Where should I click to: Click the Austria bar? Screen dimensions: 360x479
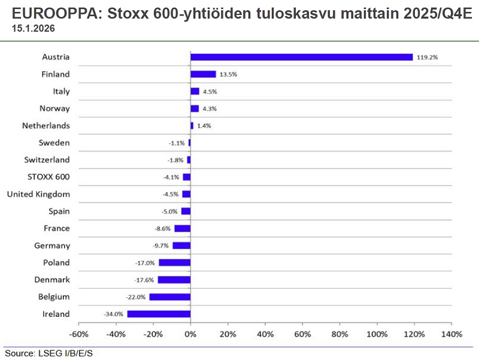coord(301,57)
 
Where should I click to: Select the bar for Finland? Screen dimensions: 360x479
coord(203,74)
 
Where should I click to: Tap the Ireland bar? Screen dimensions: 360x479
coord(159,314)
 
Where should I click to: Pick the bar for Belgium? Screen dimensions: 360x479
coord(170,297)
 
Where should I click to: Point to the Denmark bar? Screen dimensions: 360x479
coord(174,280)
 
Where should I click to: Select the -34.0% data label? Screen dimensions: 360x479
coord(113,314)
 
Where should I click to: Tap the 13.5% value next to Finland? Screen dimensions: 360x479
coord(229,75)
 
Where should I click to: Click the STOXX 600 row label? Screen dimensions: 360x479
coord(48,177)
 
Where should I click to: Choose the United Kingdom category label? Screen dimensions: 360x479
coord(38,194)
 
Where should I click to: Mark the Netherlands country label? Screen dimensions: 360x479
coord(46,126)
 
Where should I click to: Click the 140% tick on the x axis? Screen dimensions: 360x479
coord(451,334)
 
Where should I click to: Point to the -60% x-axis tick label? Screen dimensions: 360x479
coord(79,334)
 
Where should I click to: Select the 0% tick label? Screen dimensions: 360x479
coord(190,334)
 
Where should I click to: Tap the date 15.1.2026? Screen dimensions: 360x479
coord(29,28)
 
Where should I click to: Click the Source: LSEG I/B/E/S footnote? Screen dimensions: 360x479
coord(49,353)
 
